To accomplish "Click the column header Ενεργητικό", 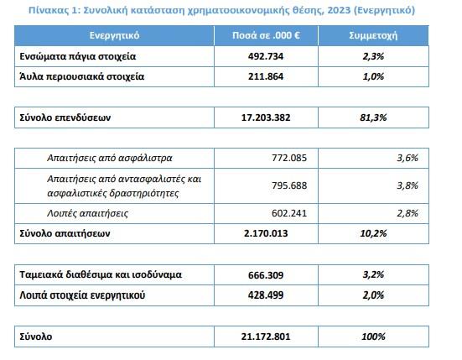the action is click(114, 35).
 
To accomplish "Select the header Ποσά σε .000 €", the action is click(266, 35).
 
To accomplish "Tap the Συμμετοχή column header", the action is click(373, 36).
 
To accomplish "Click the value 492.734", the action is click(266, 56).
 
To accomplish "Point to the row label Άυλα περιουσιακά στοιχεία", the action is click(82, 76).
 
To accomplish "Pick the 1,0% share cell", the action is click(373, 76).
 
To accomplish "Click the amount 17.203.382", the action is click(266, 117).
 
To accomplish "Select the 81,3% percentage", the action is click(373, 117).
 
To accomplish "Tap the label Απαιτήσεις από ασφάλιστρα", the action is click(110, 158).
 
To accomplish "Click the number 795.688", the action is click(289, 185).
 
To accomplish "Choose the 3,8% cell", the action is click(407, 185).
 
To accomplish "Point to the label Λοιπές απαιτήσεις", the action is click(87, 213).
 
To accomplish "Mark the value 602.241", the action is click(289, 213).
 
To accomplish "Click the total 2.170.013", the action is click(266, 233).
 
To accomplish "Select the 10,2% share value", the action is click(373, 233).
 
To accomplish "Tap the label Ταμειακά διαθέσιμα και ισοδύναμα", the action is click(101, 274).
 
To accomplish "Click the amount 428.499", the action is click(266, 295).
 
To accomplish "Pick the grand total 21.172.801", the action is click(266, 337).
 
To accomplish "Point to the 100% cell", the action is click(373, 337).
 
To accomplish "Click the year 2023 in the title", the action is click(339, 10).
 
